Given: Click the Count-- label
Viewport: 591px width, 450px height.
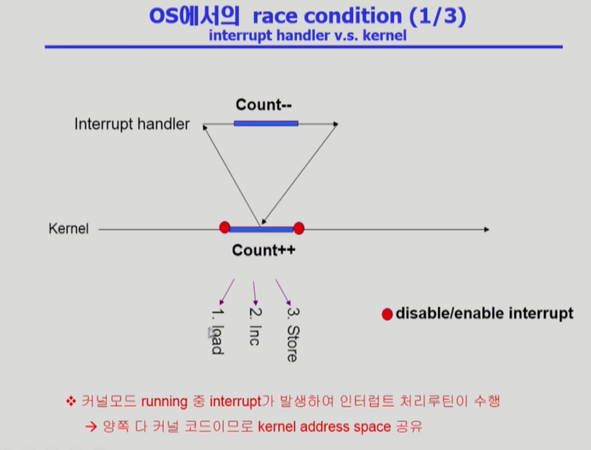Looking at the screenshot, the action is [x=264, y=104].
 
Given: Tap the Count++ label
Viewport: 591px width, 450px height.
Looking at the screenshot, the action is [x=264, y=250].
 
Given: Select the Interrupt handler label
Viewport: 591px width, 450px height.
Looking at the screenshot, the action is [x=132, y=123].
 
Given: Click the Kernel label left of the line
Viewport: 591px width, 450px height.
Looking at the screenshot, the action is [x=69, y=228].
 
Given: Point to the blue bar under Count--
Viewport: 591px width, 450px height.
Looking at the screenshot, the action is [x=266, y=123].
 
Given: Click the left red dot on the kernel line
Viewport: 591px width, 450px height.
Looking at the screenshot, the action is [x=224, y=228].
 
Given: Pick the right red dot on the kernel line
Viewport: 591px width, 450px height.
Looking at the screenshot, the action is [x=299, y=228].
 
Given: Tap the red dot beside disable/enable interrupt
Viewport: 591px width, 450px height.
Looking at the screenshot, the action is [x=387, y=315].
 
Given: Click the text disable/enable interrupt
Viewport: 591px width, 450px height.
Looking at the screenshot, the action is [x=484, y=313].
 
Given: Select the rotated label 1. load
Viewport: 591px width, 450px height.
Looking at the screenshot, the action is [x=216, y=331].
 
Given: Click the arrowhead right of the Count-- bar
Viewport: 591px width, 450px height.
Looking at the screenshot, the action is [x=335, y=123].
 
